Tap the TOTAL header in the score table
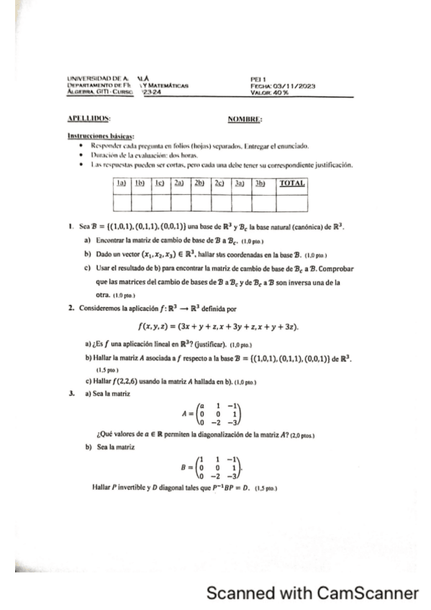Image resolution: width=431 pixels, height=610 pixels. [291, 184]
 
